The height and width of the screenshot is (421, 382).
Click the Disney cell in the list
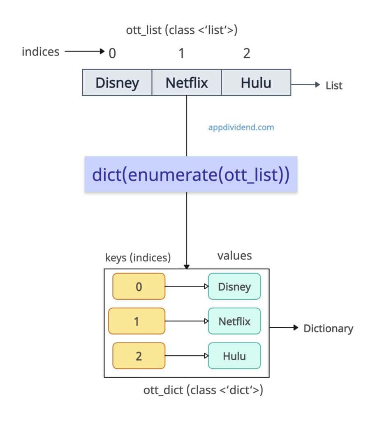point(117,83)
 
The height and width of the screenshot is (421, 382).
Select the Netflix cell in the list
point(187,83)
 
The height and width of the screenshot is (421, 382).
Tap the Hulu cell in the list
point(256,83)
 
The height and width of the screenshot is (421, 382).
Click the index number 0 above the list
point(112,53)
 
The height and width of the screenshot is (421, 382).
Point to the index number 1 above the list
point(181,53)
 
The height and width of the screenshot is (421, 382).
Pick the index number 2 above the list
point(246,53)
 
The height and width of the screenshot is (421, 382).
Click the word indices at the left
point(40,52)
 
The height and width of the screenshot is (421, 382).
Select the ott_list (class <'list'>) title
point(181,30)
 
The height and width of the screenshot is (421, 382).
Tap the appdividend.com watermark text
point(241,127)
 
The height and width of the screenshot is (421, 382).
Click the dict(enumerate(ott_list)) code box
point(191,174)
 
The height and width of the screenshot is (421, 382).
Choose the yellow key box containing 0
point(139,287)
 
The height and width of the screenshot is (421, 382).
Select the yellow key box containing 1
point(137,321)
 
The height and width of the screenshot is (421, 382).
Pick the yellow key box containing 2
point(139,356)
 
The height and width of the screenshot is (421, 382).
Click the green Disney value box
point(234,287)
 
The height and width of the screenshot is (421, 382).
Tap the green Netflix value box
point(234,321)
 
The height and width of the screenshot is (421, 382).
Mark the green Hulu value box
point(234,356)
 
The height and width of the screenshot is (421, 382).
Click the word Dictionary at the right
point(328,328)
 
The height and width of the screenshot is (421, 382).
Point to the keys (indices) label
point(138,258)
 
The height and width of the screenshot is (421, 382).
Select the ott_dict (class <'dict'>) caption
point(203,390)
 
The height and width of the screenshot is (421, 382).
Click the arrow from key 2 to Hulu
point(186,356)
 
